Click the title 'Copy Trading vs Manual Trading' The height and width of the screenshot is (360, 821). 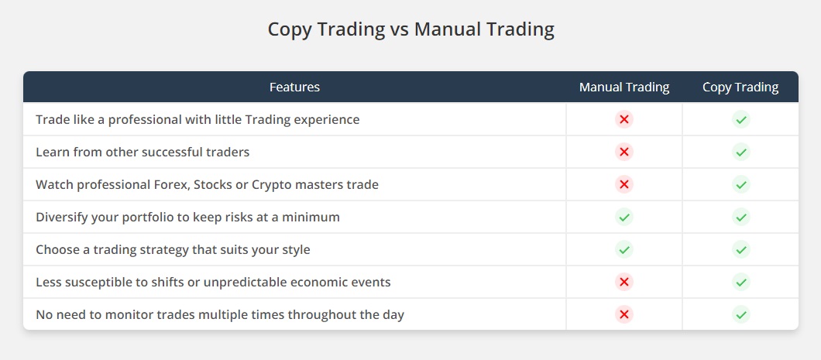click(x=410, y=29)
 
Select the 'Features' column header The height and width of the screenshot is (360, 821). click(x=294, y=87)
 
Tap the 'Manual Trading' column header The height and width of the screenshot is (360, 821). click(x=624, y=87)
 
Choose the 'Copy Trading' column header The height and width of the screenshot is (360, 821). click(x=740, y=87)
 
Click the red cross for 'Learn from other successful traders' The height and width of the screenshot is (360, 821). click(x=624, y=152)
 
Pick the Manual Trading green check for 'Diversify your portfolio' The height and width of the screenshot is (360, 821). click(x=624, y=217)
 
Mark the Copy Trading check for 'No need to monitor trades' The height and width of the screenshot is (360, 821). click(x=741, y=315)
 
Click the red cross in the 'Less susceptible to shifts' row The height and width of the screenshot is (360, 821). click(x=624, y=283)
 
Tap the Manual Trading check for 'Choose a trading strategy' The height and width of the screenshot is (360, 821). click(x=624, y=249)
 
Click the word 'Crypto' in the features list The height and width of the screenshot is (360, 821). click(x=270, y=185)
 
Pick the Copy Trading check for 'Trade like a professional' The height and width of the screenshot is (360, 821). click(x=741, y=119)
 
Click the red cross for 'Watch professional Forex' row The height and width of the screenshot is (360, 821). click(x=624, y=184)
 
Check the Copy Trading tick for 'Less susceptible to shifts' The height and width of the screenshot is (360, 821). click(x=741, y=283)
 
